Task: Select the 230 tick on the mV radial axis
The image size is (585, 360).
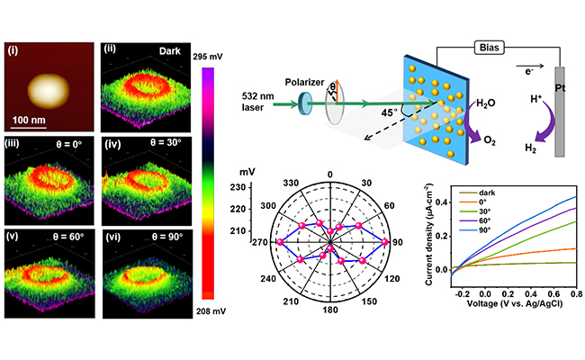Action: click(239, 186)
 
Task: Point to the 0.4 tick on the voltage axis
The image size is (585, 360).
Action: click(532, 293)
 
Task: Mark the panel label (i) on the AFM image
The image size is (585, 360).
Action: click(14, 50)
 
